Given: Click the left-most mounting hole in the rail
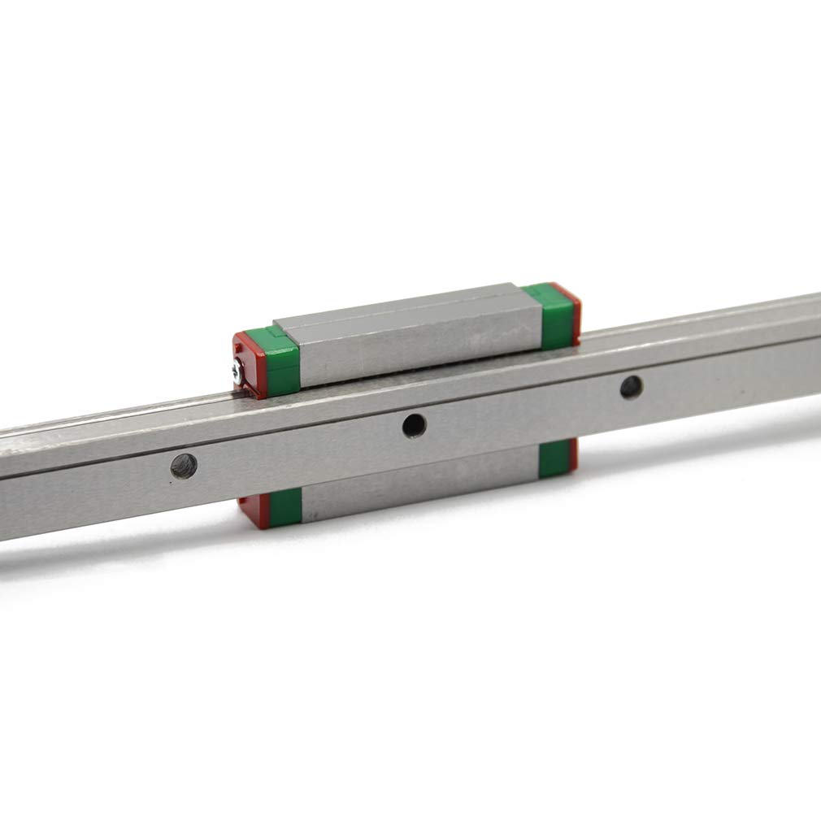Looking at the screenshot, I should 183,466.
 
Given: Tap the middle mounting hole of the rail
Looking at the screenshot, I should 414,424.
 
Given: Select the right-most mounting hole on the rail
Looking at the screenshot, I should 631,387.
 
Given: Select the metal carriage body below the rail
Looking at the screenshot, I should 419,484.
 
